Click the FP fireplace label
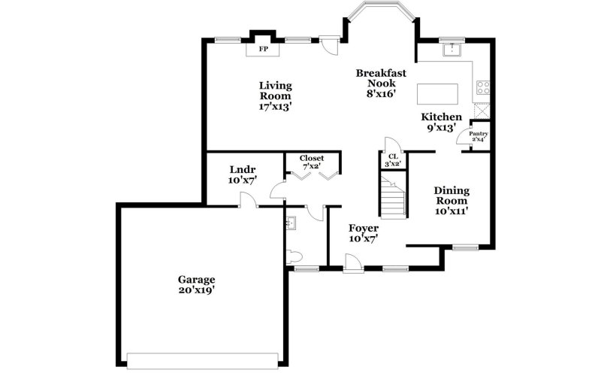[264, 49]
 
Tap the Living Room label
[275, 96]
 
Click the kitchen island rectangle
[437, 93]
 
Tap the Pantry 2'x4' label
[479, 136]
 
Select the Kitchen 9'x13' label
[441, 122]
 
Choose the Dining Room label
[452, 201]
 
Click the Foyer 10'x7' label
[364, 232]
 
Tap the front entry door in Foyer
[351, 262]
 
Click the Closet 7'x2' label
[312, 162]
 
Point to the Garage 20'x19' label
[197, 283]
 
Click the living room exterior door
[328, 44]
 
